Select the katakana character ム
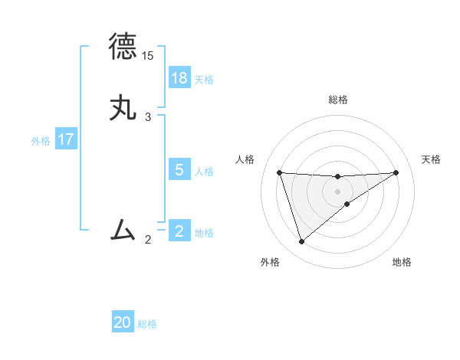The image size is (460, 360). (x=123, y=230)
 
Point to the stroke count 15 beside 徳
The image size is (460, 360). (x=148, y=56)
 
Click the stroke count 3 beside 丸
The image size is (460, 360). (x=148, y=117)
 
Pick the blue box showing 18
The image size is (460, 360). (x=179, y=78)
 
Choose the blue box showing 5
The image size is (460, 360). (x=179, y=170)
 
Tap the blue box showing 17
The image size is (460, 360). (x=66, y=140)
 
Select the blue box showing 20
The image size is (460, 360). (x=123, y=323)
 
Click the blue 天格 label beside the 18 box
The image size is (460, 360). (x=204, y=79)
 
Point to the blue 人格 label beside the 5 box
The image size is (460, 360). (x=204, y=171)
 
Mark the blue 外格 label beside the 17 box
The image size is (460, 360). (x=41, y=141)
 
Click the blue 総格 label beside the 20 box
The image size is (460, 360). (x=147, y=324)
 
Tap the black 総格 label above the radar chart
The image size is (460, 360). (x=337, y=100)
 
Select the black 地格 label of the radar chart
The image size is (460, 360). (x=402, y=262)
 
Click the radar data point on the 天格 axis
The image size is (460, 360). (x=396, y=172)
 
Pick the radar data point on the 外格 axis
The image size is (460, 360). (x=301, y=242)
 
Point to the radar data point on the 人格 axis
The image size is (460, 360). (x=279, y=172)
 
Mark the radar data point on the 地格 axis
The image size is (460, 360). (x=347, y=204)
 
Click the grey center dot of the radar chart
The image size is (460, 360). (x=337, y=191)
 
